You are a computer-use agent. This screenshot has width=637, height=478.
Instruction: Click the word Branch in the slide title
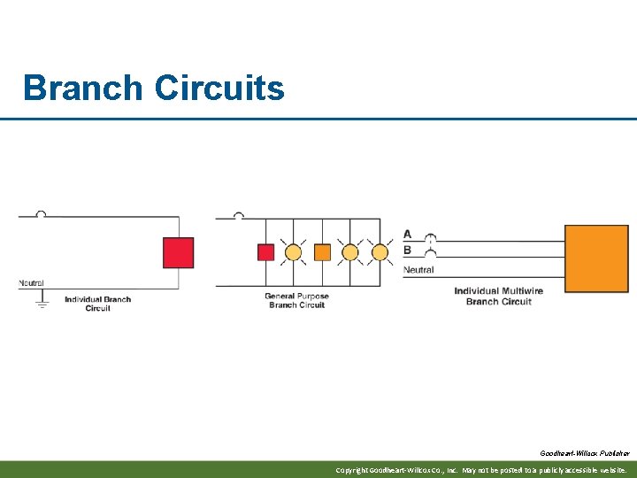[x=81, y=89]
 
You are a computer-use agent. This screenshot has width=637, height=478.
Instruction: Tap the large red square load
[x=178, y=252]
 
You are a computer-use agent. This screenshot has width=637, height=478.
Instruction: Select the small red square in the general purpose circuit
[x=265, y=252]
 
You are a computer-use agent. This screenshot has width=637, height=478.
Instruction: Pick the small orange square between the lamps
[x=322, y=252]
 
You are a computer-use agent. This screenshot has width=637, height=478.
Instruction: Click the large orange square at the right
[x=596, y=257]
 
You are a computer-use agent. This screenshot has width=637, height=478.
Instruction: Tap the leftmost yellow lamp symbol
[x=294, y=252]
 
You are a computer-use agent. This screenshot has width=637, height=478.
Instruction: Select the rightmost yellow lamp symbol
[x=380, y=252]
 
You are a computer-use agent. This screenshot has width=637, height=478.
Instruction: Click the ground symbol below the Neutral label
[x=41, y=304]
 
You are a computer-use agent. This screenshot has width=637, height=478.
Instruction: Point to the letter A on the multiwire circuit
[x=407, y=235]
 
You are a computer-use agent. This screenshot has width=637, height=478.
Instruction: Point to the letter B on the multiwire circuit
[x=407, y=251]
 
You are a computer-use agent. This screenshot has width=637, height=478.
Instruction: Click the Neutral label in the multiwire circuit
[x=418, y=269]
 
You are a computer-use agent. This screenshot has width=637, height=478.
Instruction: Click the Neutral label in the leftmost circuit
[x=31, y=283]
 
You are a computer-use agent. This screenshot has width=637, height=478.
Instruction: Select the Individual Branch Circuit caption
[x=97, y=304]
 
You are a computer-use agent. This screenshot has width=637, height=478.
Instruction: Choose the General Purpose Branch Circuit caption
[x=296, y=301]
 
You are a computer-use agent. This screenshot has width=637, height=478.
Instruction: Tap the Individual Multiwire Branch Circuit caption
[x=498, y=297]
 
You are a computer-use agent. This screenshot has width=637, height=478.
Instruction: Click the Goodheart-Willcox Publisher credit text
[x=585, y=453]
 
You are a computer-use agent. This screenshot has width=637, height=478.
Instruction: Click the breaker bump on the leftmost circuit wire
[x=41, y=214]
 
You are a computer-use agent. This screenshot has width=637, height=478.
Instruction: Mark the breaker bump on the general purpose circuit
[x=238, y=214]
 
